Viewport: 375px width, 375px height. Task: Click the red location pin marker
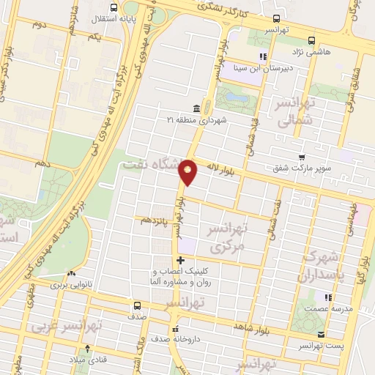pyautogui.click(x=188, y=171)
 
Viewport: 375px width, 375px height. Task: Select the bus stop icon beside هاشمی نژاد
pyautogui.click(x=312, y=41)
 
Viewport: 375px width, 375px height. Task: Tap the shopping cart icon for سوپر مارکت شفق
pyautogui.click(x=302, y=157)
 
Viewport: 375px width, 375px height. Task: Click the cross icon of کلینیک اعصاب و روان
pyautogui.click(x=180, y=261)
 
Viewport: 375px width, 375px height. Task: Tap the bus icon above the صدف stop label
pyautogui.click(x=138, y=305)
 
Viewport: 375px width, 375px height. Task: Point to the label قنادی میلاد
pyautogui.click(x=88, y=360)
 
